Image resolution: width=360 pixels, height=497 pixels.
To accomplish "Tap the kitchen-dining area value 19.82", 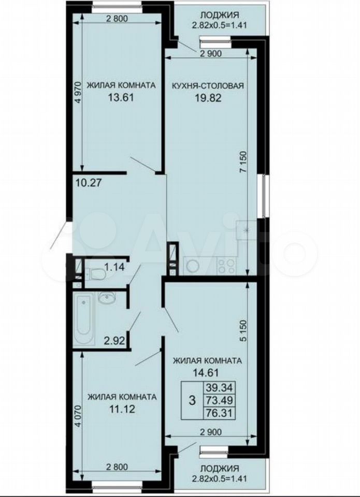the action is coord(208,98).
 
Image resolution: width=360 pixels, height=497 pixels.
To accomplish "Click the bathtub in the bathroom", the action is coord(84,319).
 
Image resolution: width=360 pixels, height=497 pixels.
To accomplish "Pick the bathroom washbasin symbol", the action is coord(107,298).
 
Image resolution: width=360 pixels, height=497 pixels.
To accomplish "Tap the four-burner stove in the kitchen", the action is coord(226,266).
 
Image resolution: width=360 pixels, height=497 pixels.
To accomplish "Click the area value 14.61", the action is coord(206,373).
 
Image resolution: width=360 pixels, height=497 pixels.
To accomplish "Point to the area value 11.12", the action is coord(122,409).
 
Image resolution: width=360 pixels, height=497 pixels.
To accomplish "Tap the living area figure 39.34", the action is coord(219,387).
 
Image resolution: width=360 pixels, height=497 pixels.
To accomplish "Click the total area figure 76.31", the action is coord(220,413).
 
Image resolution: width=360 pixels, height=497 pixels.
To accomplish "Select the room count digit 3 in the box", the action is coord(192,400).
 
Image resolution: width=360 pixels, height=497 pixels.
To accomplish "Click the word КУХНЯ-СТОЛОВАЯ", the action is coord(208,85).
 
